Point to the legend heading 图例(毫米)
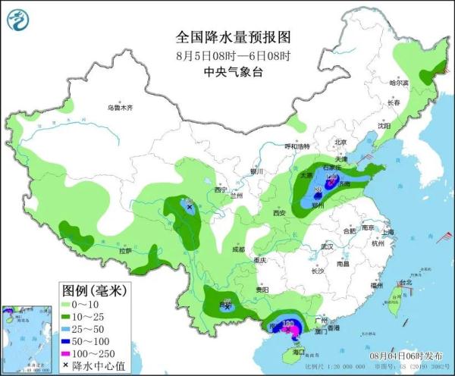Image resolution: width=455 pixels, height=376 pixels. pos(92,290)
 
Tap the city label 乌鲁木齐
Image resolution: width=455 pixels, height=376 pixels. pos(119,108)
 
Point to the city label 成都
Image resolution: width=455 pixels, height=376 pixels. pos(238,248)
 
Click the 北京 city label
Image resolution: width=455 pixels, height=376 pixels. pos(340,142)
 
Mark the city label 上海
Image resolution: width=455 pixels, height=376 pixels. pos(388,232)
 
